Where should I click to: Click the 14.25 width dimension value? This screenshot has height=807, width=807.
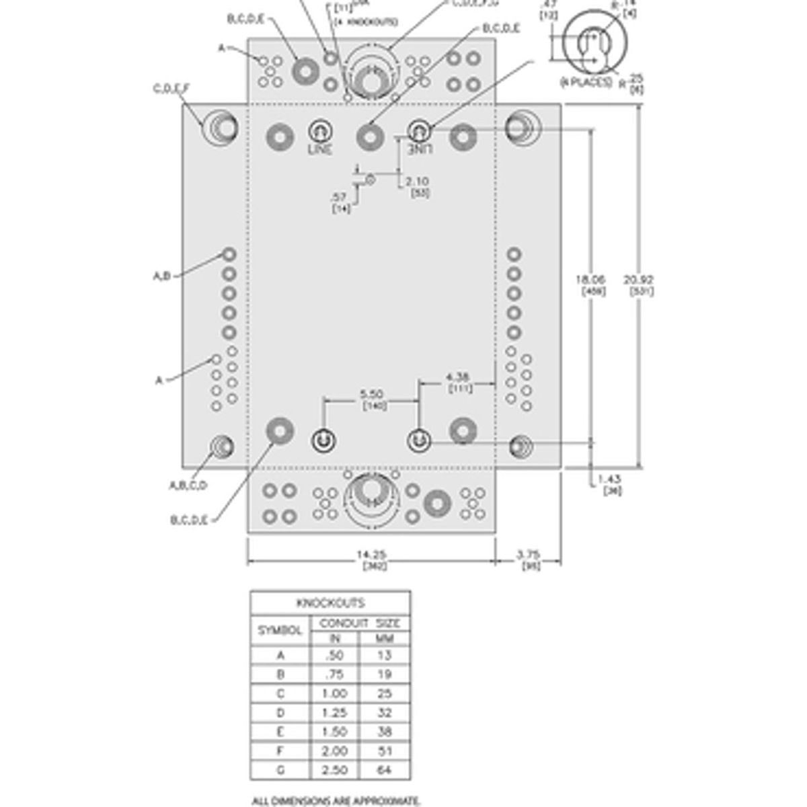click(x=371, y=555)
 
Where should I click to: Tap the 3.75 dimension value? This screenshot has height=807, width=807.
click(x=528, y=555)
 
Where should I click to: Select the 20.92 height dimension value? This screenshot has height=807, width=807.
click(x=639, y=280)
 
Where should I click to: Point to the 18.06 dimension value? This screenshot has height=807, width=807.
click(x=590, y=280)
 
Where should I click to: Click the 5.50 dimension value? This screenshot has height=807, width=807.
click(x=371, y=394)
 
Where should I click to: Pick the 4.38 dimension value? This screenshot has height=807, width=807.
click(x=457, y=377)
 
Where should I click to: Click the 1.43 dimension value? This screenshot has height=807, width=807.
click(x=611, y=479)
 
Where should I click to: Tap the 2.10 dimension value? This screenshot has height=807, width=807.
click(x=418, y=182)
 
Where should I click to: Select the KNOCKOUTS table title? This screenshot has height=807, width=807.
click(x=330, y=603)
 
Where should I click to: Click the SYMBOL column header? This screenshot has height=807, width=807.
click(x=280, y=631)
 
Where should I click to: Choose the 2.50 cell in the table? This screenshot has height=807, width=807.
click(x=334, y=769)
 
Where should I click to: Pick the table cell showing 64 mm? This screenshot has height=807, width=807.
click(x=384, y=769)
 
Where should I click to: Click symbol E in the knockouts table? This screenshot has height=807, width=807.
click(x=280, y=732)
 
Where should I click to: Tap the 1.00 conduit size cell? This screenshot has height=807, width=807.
click(x=334, y=693)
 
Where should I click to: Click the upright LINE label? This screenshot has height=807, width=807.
click(x=320, y=149)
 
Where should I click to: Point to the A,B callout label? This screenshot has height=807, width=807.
click(x=161, y=276)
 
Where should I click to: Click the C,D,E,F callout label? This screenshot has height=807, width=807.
click(x=171, y=88)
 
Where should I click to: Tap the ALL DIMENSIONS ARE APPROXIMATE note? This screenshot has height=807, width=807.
click(x=336, y=801)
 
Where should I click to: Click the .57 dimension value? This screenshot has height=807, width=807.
click(x=340, y=197)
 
